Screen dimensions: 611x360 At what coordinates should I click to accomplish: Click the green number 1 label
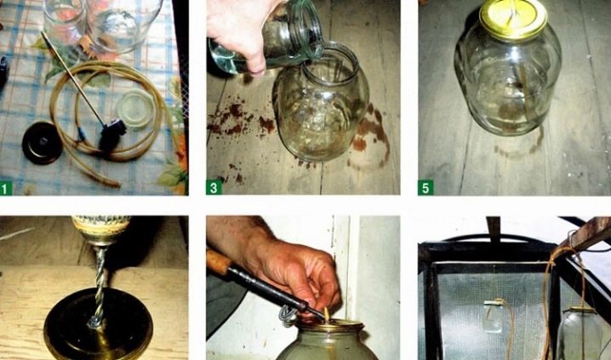pyautogui.click(x=5, y=189)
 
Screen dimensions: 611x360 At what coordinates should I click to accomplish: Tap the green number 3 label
pyautogui.click(x=214, y=188)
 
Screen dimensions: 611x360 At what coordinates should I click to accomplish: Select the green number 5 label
pyautogui.click(x=425, y=188)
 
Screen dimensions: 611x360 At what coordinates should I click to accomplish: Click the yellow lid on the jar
pyautogui.click(x=513, y=19)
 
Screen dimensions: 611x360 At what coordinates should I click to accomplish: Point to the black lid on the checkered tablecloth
pyautogui.click(x=42, y=143)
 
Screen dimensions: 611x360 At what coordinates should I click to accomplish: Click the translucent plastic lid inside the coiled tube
pyautogui.click(x=135, y=108)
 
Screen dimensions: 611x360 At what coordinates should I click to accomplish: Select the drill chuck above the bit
pyautogui.click(x=100, y=230)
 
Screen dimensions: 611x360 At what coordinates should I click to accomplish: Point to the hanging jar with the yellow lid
pyautogui.click(x=581, y=333)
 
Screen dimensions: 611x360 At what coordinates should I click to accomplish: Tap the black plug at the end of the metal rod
pyautogui.click(x=112, y=133)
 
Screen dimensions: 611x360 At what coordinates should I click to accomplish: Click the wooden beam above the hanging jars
pyautogui.click(x=585, y=233)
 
